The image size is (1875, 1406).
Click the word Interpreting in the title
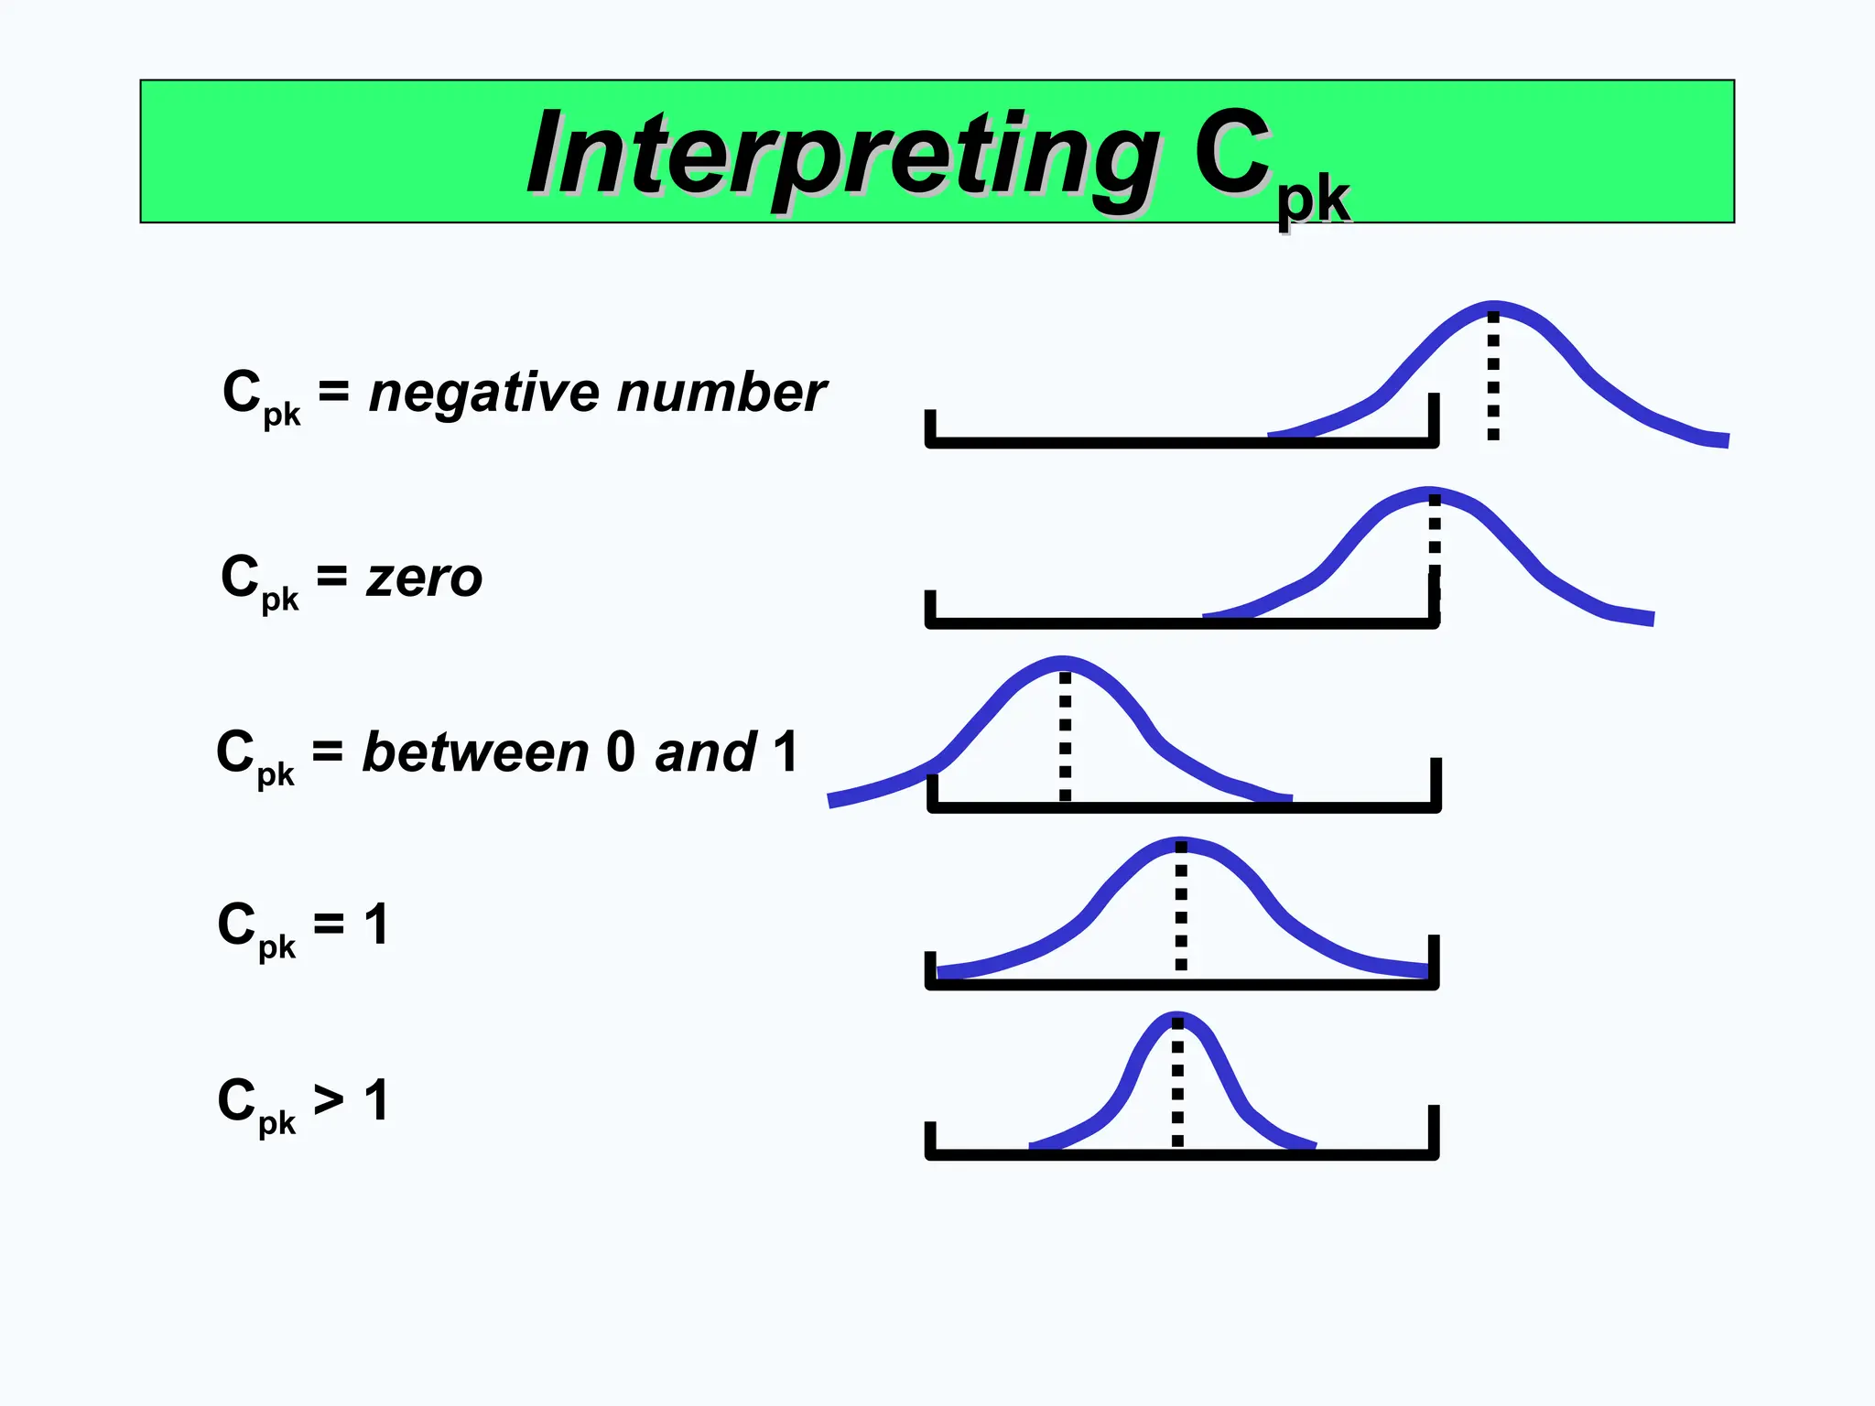point(842,156)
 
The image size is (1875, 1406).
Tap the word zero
point(424,579)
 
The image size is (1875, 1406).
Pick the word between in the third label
point(475,753)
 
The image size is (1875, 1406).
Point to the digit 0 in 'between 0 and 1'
point(620,752)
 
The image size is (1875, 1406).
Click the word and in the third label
point(706,753)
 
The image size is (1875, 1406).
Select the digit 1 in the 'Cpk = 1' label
point(376,925)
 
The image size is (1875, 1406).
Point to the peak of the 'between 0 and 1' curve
point(1063,663)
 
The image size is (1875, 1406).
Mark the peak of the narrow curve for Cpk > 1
point(1177,1019)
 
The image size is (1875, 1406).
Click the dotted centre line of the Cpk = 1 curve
point(1181,906)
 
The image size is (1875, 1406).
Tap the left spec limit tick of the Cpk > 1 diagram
point(931,1140)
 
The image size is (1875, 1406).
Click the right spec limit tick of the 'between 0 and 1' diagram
point(1436,783)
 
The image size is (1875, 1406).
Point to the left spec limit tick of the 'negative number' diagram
point(931,427)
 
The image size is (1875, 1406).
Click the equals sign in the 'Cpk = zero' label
point(331,577)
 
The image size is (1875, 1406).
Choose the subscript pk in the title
point(1314,201)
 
